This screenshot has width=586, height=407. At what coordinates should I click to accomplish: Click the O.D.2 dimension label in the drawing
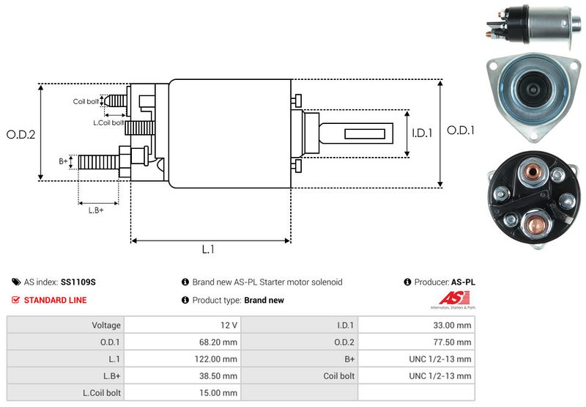21,134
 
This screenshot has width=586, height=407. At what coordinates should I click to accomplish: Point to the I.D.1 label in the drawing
422,133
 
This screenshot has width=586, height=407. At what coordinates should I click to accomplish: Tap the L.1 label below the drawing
208,249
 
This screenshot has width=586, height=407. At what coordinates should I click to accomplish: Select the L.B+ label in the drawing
96,210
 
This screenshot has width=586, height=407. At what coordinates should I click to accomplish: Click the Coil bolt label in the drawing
85,101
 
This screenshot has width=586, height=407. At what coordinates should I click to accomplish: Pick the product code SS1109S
78,282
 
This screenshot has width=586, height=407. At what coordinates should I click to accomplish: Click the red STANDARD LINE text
55,300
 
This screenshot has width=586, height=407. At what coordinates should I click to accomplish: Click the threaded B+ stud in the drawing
98,161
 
